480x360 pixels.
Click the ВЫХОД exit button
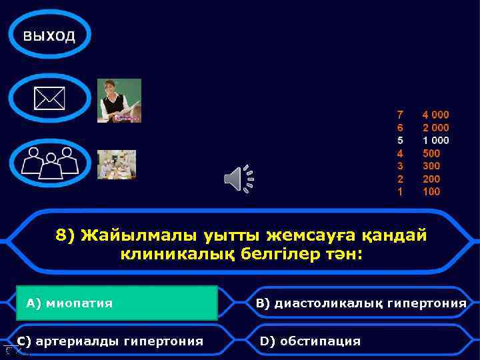(50, 35)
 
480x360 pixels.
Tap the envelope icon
(50, 100)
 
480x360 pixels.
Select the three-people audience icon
(50, 162)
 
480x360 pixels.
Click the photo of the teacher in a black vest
(119, 101)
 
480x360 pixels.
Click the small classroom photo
(117, 164)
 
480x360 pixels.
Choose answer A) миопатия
(117, 303)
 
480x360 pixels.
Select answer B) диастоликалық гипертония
(361, 304)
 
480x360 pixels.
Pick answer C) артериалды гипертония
(110, 341)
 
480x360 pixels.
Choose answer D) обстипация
(310, 341)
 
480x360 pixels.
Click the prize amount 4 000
(435, 115)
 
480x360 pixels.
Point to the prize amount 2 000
(435, 127)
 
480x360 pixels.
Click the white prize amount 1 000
(435, 140)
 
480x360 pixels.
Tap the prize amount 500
(431, 153)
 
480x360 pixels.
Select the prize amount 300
(431, 166)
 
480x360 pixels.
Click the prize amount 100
(431, 192)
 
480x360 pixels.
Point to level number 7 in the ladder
(400, 115)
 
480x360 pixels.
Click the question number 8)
(65, 236)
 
